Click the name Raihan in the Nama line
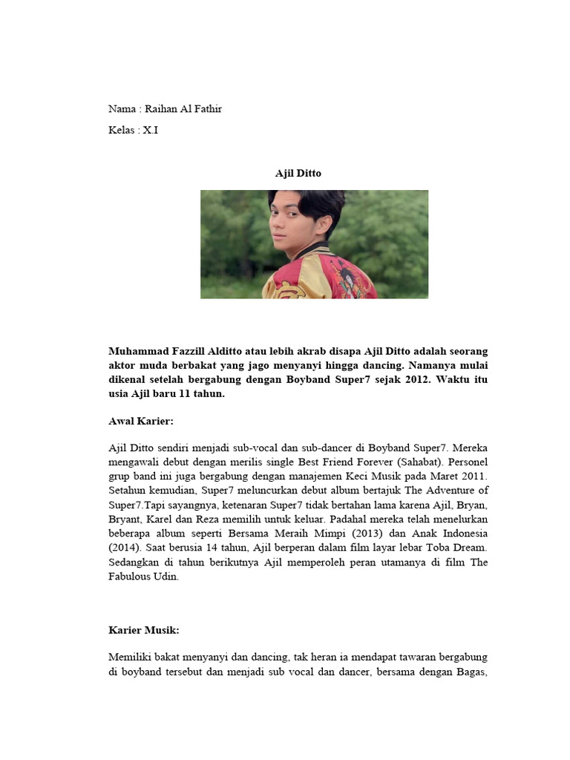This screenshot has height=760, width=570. pos(162,109)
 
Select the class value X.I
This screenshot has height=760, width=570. pos(151,130)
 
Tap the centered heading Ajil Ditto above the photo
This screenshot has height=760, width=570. pos(298,173)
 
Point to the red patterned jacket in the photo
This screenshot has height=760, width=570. pos(319,278)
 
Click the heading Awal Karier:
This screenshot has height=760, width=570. pos(140,421)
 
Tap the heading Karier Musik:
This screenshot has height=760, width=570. pos(144,630)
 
